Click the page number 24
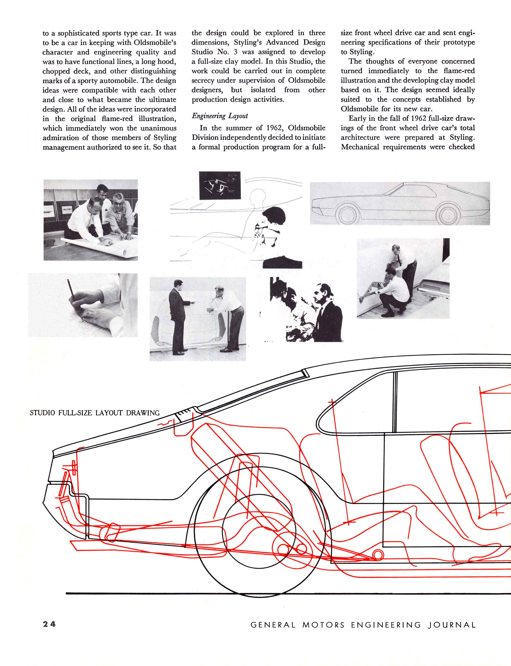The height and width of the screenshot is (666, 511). (x=49, y=624)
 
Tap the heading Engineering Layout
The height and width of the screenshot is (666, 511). (x=220, y=116)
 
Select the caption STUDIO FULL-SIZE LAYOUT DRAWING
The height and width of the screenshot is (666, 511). (x=95, y=413)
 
